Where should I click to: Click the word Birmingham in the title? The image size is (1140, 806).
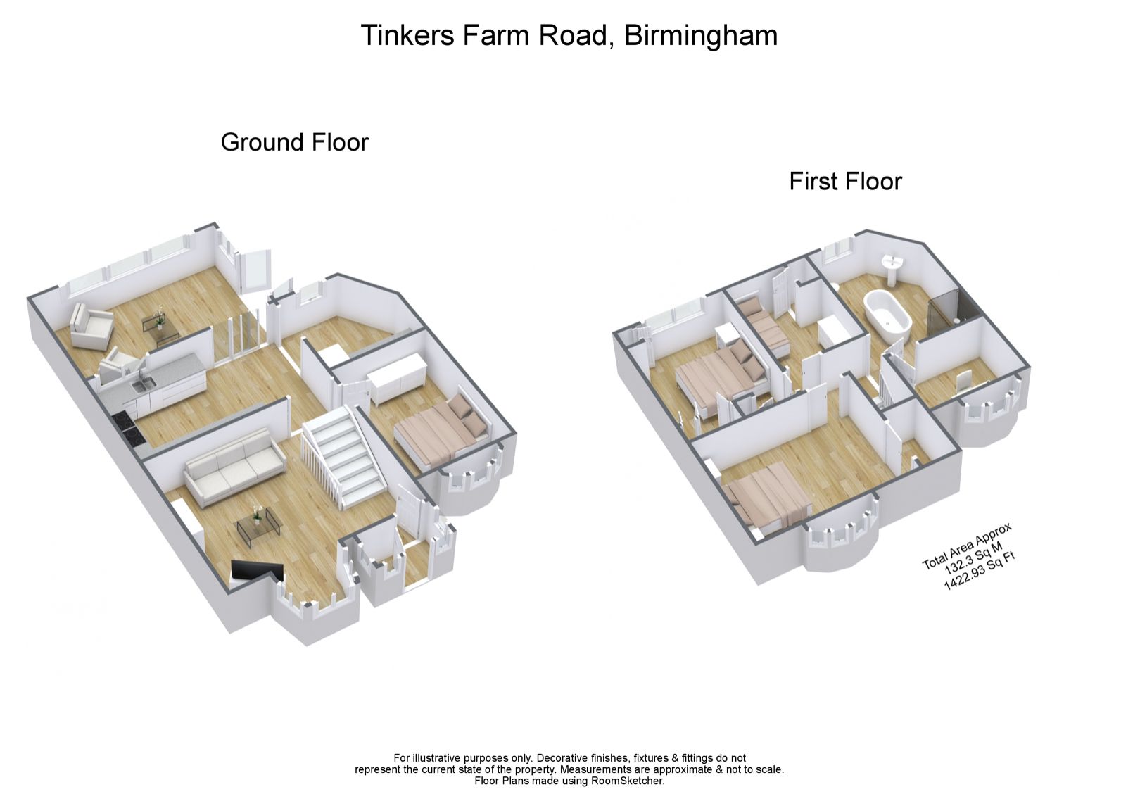coord(700,35)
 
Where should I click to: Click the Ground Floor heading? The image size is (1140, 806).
coord(294,142)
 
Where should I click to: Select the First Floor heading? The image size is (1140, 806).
coord(844,181)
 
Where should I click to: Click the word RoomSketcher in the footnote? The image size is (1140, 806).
coord(626,780)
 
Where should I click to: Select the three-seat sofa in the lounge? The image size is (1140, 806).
coord(234,466)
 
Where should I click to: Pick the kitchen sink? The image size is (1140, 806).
coord(144,384)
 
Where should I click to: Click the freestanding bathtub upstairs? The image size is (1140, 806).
coord(887,313)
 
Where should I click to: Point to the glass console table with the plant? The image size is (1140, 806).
coord(159,325)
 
